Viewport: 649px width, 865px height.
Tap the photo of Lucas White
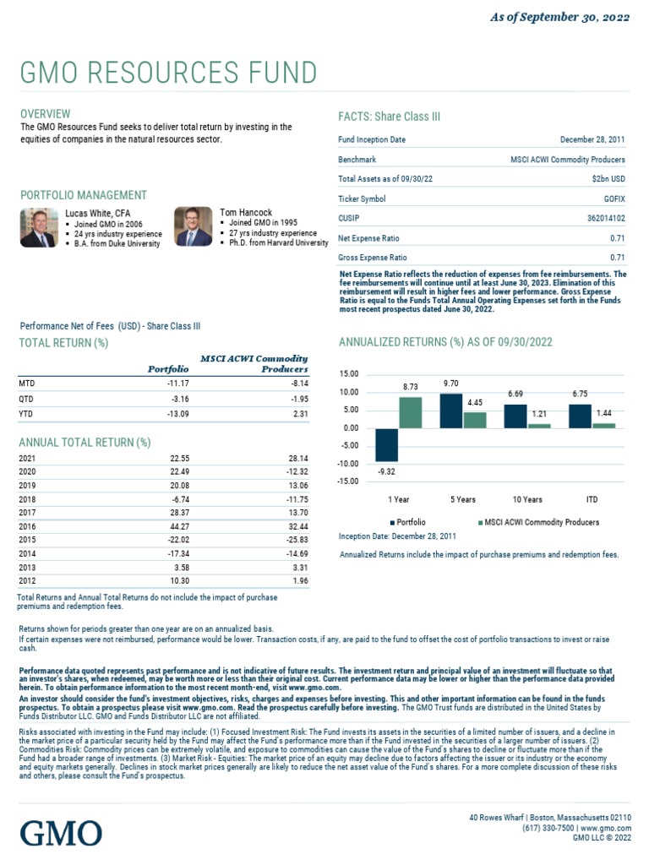pos(38,226)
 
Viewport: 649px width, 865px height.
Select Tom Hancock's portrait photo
pos(194,226)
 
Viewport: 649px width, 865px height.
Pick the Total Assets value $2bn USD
pos(608,179)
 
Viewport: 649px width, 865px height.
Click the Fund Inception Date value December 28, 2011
pos(592,139)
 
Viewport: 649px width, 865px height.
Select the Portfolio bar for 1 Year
pos(386,444)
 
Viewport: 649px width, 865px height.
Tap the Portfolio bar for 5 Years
pos(451,411)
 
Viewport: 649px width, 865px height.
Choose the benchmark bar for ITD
pos(604,426)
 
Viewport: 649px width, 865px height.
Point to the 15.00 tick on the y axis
pos(348,373)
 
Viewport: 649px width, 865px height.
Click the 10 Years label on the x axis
pos(527,499)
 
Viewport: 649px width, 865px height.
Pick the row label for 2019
pos(28,486)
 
